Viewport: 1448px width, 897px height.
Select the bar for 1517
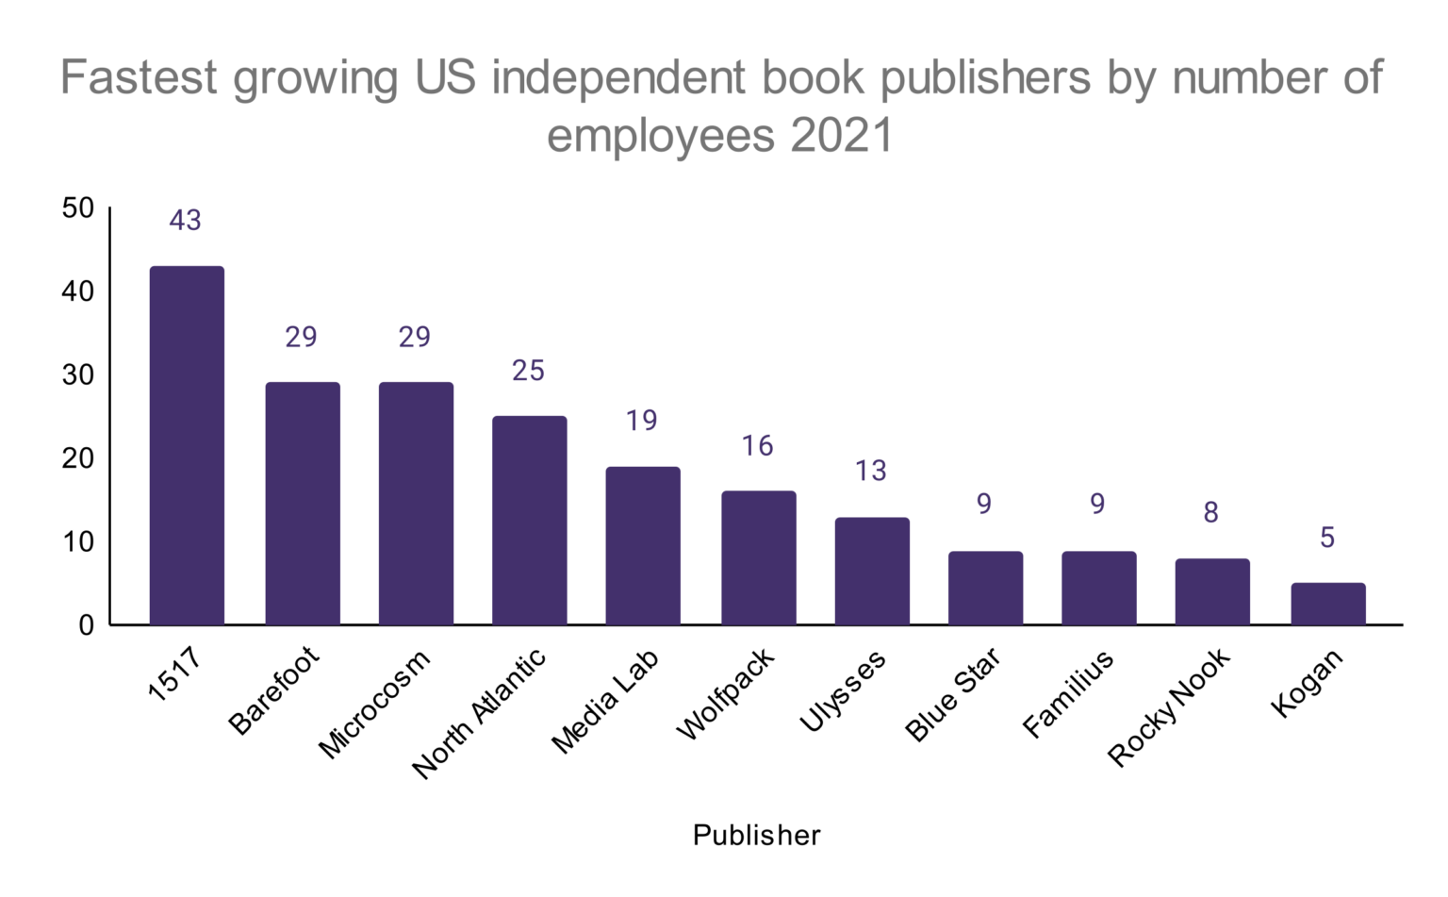point(187,445)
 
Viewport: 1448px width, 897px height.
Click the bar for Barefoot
point(303,503)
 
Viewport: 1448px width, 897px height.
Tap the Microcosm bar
point(416,503)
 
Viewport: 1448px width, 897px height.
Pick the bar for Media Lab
point(643,545)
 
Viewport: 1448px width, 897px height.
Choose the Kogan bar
point(1328,604)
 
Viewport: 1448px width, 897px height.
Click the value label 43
point(186,220)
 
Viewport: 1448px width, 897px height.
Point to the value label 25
point(528,371)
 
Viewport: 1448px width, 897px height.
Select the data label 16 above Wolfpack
point(757,445)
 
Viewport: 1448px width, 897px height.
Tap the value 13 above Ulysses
point(870,471)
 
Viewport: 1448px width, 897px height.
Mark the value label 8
point(1211,512)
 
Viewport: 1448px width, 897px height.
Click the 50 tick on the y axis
point(78,208)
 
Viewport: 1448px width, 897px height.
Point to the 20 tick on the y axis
point(78,458)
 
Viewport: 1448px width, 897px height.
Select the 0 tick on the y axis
point(86,625)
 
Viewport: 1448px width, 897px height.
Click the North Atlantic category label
point(479,713)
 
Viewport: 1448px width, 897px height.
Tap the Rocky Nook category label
point(1169,706)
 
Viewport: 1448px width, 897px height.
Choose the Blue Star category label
point(952,695)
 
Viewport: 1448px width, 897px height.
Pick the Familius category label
point(1068,693)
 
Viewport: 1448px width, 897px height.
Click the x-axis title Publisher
point(756,836)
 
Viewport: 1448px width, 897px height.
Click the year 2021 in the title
point(841,135)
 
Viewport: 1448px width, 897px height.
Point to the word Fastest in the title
point(140,77)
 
